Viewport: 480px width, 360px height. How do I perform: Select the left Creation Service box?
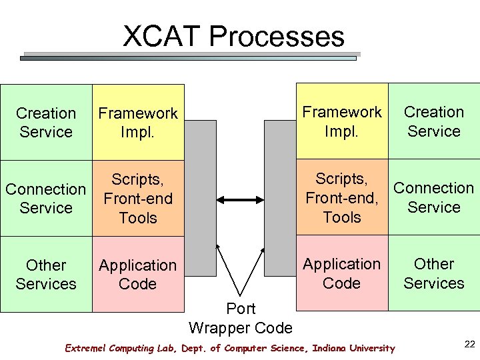46,123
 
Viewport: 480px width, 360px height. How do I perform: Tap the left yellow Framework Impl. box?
138,123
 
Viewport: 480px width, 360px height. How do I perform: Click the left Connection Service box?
46,198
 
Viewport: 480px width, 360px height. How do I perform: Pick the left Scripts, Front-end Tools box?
138,198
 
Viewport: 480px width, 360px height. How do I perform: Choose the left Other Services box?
46,274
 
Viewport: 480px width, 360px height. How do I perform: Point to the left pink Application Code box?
138,274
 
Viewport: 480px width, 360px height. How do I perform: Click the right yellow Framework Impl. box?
342,121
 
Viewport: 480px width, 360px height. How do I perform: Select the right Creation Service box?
434,121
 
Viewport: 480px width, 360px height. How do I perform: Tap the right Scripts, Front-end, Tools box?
342,197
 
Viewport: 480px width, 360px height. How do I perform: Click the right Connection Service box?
434,197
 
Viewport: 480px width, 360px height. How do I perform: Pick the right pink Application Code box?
342,273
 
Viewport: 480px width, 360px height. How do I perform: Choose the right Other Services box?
434,273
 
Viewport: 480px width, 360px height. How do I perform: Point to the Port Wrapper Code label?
241,318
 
